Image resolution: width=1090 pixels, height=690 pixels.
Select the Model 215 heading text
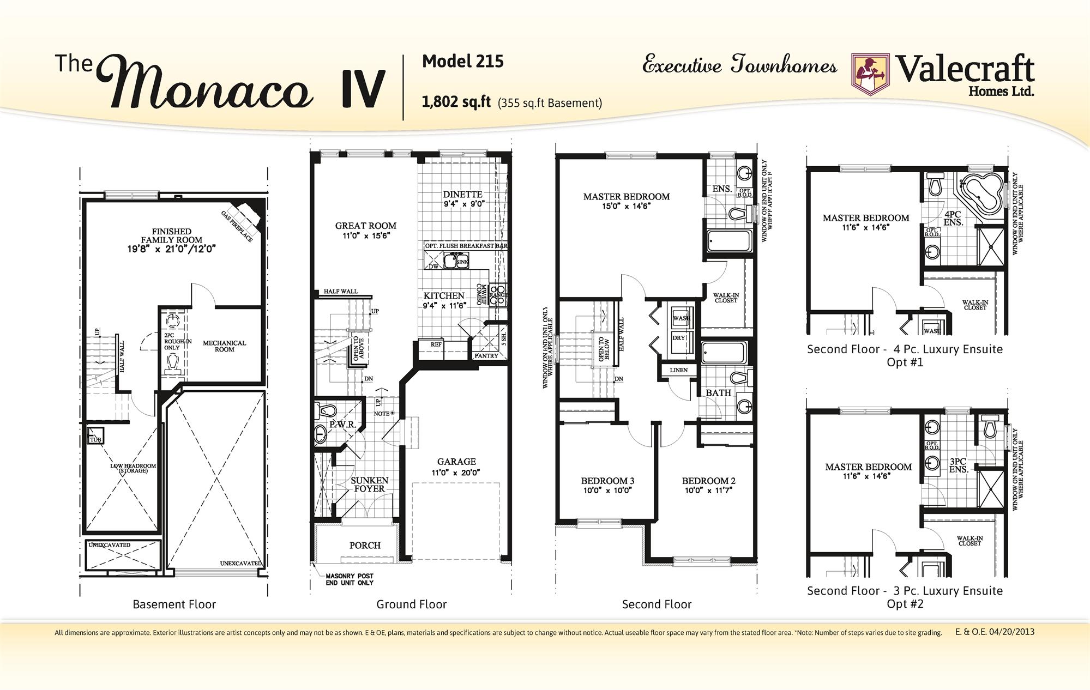pyautogui.click(x=462, y=62)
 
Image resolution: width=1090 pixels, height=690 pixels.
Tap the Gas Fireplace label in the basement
pyautogui.click(x=237, y=226)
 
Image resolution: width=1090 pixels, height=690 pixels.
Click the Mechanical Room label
pyautogui.click(x=224, y=346)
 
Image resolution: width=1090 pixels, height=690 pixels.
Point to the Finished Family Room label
pyautogui.click(x=172, y=235)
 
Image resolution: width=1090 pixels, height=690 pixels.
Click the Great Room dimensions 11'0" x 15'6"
pyautogui.click(x=365, y=236)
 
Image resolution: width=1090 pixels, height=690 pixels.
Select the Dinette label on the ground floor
pyautogui.click(x=462, y=195)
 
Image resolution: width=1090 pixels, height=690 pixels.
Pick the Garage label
pyautogui.click(x=456, y=462)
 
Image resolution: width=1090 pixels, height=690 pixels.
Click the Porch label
pyautogui.click(x=365, y=545)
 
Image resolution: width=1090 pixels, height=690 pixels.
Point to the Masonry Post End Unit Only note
pyautogui.click(x=349, y=579)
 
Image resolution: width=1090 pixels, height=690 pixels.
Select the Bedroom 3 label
pyautogui.click(x=607, y=481)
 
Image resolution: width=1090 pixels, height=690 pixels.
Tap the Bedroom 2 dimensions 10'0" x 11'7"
pyautogui.click(x=708, y=491)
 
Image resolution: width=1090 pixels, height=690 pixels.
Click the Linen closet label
pyautogui.click(x=678, y=370)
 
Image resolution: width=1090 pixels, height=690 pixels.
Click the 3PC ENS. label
pyautogui.click(x=958, y=465)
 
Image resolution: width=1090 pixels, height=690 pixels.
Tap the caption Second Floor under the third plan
pyautogui.click(x=657, y=604)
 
